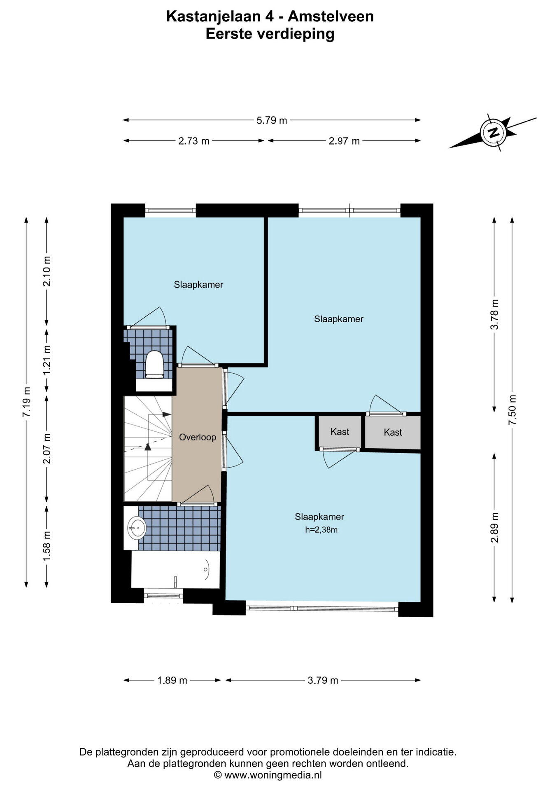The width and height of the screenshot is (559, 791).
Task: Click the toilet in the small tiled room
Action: point(154,365)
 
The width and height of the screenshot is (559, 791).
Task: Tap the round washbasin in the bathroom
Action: point(136,527)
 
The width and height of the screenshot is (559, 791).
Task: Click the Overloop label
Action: point(198,437)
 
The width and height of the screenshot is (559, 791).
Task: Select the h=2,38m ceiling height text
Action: point(321,530)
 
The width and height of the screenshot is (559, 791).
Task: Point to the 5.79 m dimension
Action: point(272,120)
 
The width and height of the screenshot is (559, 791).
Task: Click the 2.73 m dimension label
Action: point(194,141)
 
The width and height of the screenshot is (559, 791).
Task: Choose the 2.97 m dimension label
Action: point(344,141)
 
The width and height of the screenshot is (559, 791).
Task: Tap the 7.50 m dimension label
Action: point(512,410)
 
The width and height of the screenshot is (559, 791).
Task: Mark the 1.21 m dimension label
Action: point(47,359)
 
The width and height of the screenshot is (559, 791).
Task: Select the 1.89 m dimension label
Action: point(172,680)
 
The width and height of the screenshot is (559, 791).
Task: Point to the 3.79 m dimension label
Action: point(323,680)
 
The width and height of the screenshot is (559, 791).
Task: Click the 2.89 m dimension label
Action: point(495,527)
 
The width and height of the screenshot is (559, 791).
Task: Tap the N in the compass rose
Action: point(494,133)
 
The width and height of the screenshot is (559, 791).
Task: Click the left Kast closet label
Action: point(340,432)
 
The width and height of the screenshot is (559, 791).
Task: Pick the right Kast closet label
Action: point(393,432)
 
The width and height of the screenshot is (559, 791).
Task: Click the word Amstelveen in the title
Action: point(331,16)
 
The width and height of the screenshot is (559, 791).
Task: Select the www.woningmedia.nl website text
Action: point(273,775)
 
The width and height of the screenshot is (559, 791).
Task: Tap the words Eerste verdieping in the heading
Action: point(270,33)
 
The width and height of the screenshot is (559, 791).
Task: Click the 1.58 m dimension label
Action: point(47,545)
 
